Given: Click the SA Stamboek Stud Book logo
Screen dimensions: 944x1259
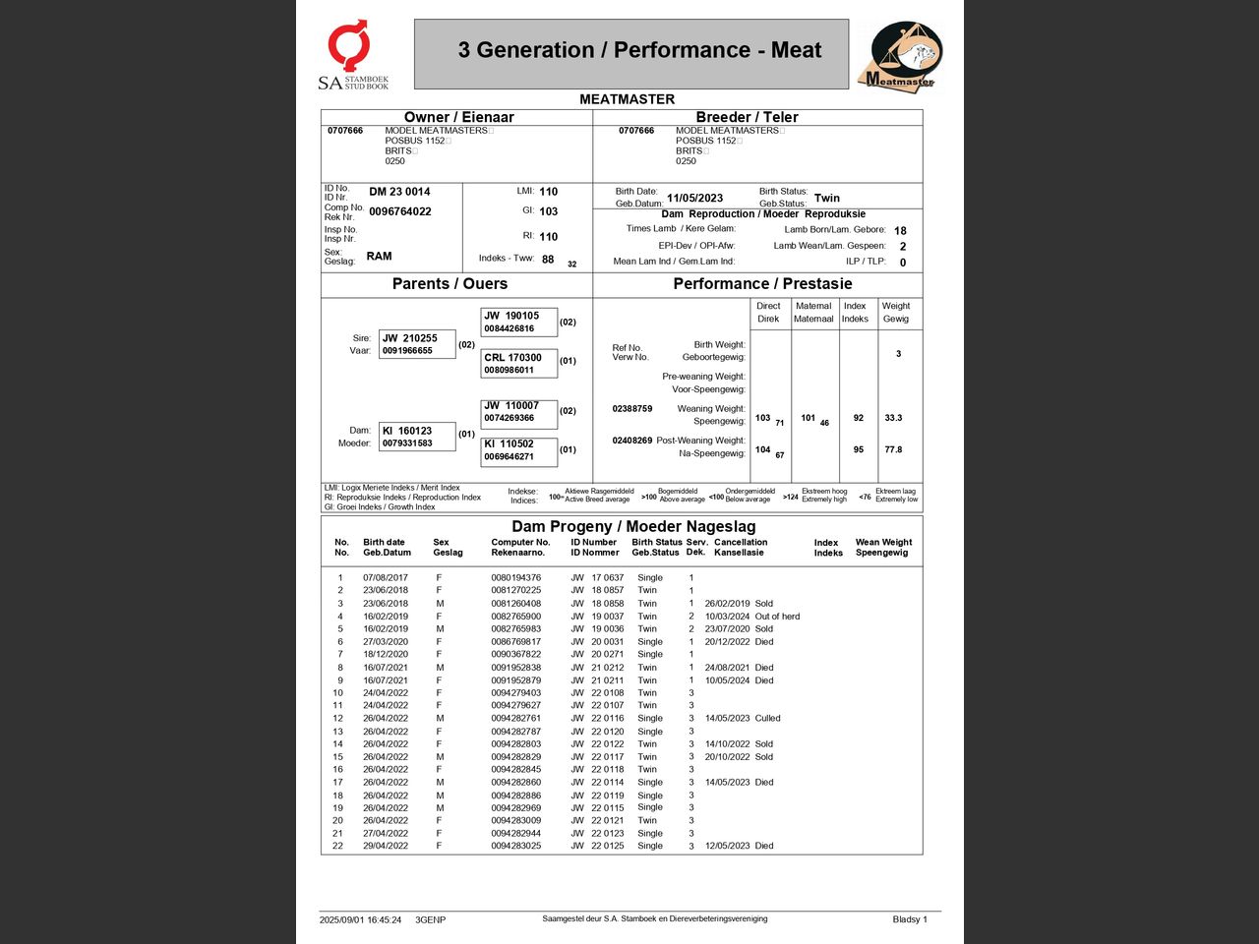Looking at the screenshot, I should click(352, 55).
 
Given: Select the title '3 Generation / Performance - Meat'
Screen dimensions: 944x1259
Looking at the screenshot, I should click(639, 50).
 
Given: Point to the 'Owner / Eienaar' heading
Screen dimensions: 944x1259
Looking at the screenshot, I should click(458, 117).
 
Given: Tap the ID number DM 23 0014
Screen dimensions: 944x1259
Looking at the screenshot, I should click(399, 192).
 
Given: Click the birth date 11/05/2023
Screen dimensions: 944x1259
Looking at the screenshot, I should click(694, 198).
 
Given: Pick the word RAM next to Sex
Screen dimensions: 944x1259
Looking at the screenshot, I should click(379, 256).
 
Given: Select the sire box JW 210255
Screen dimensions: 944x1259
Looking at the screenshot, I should click(417, 344).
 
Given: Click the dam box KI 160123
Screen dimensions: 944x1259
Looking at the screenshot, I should click(417, 437).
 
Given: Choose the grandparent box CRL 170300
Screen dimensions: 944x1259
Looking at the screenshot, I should click(518, 363).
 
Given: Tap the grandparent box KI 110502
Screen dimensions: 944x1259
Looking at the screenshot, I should click(518, 449).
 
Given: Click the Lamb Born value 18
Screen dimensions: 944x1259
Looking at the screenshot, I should click(900, 231).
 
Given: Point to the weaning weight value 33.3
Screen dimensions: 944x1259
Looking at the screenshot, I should click(893, 418).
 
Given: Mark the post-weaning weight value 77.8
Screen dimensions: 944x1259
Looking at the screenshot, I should click(893, 449).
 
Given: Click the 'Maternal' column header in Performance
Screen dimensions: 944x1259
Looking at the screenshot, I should click(813, 312).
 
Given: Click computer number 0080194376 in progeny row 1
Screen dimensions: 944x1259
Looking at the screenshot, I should click(515, 578).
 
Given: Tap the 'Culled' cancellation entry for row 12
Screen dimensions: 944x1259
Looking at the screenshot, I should click(767, 719).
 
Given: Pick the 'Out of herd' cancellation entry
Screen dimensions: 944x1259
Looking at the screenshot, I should click(777, 617).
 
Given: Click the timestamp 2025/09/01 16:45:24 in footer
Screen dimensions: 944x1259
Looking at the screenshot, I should click(360, 920).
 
